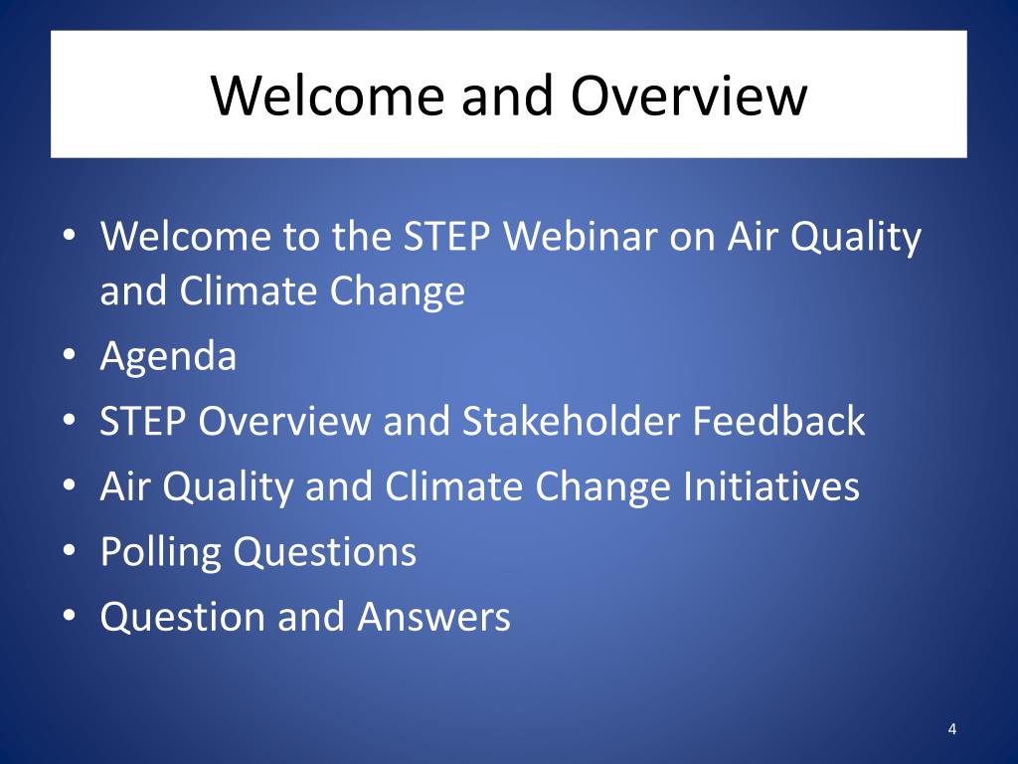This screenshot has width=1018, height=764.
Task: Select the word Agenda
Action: pos(168,357)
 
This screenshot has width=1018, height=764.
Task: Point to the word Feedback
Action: pos(778,421)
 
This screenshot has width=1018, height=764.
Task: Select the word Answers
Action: pos(433,617)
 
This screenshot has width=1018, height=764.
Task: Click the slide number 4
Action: pos(951,729)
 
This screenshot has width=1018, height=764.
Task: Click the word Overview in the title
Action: pos(689,95)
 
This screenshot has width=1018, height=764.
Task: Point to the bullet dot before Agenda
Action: pos(70,355)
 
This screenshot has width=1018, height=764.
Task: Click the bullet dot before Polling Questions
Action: pos(70,550)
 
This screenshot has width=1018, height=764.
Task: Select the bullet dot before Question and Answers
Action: pos(70,615)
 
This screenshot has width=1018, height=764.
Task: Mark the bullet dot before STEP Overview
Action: pos(70,420)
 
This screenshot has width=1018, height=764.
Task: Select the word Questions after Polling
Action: pos(325,551)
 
